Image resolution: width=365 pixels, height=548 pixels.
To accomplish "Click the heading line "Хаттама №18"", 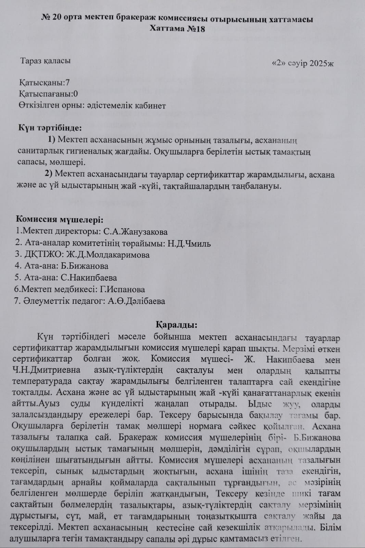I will (177, 28).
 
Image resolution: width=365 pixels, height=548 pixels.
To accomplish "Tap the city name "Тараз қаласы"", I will (45, 61).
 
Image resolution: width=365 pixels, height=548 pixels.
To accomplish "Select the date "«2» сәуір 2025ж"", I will (302, 63).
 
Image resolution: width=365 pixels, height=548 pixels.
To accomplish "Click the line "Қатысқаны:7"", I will (45, 83).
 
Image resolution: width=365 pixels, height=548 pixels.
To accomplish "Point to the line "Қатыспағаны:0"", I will (48, 94).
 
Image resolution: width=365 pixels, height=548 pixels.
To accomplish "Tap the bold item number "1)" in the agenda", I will (51, 139).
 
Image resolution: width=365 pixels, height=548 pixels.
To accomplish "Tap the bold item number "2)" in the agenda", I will (49, 174).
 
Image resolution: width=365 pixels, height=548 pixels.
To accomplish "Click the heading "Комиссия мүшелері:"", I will (60, 220).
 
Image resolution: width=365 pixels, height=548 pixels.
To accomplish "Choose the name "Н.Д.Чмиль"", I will (189, 244).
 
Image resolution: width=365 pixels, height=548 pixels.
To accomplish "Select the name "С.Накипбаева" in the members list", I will (89, 278).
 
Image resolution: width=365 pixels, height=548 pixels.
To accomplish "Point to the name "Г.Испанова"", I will (122, 289).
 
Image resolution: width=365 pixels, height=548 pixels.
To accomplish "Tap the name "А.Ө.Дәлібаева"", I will (136, 301).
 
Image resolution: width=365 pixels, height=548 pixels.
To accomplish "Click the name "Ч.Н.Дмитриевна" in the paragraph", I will (46, 371).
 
